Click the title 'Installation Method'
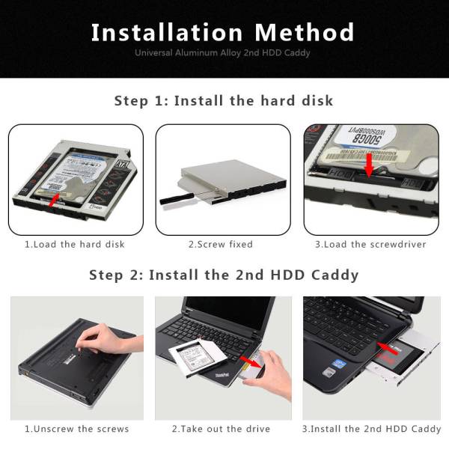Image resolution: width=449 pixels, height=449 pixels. click(223, 33)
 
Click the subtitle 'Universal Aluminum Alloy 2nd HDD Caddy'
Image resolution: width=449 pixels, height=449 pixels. click(223, 53)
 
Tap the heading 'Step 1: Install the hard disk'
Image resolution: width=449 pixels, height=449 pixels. click(224, 100)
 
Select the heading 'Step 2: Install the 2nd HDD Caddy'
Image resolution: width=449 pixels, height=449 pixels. click(224, 275)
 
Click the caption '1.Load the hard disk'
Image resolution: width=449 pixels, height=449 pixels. click(75, 244)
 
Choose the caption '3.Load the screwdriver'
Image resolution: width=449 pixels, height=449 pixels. click(371, 244)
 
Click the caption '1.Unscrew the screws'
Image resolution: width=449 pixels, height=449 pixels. click(77, 429)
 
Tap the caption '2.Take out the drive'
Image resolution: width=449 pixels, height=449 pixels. click(222, 429)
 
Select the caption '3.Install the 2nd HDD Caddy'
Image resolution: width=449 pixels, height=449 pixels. click(372, 429)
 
